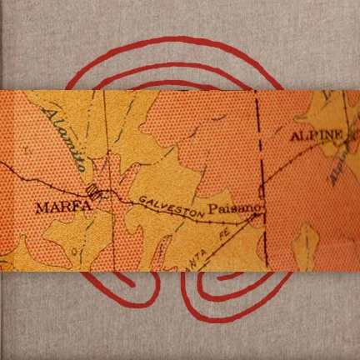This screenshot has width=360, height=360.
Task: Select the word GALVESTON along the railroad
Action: tap(171, 206)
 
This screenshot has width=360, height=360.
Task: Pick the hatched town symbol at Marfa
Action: tap(97, 193)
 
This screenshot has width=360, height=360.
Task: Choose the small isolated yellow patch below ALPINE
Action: tap(306, 245)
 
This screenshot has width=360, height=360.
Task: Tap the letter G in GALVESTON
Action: tap(142, 201)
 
